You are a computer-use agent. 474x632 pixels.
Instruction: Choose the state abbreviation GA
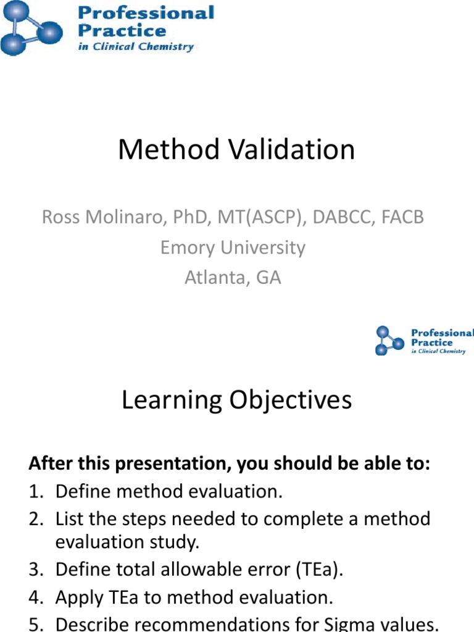268,278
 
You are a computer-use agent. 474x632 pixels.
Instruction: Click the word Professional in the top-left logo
146,13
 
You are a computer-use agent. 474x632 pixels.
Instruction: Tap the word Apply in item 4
77,597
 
